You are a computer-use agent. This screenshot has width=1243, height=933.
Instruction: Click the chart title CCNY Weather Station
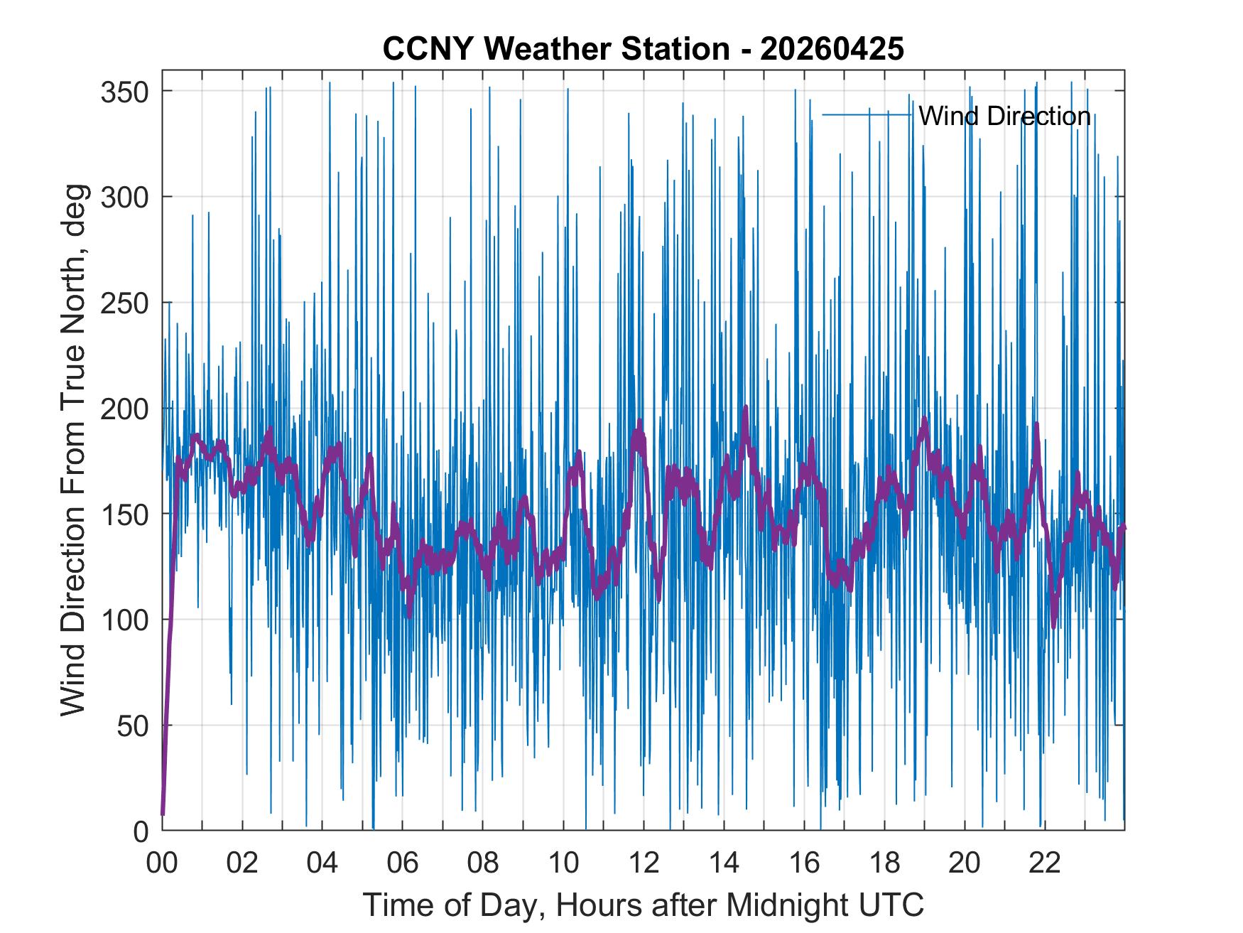[556, 48]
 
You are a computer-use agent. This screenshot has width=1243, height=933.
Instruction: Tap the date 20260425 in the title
[832, 48]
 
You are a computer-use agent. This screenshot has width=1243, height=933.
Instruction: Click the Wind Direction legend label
[1004, 116]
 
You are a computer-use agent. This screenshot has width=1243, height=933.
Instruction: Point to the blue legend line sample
[867, 114]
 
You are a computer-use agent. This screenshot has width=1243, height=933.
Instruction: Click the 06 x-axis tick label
[403, 863]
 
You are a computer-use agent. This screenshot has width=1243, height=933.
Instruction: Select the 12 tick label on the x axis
[644, 863]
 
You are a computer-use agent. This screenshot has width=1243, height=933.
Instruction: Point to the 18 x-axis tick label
[884, 863]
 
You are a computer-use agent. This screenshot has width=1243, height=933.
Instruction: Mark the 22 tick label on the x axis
[1045, 863]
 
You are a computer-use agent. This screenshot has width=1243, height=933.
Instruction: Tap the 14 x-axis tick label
[724, 863]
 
